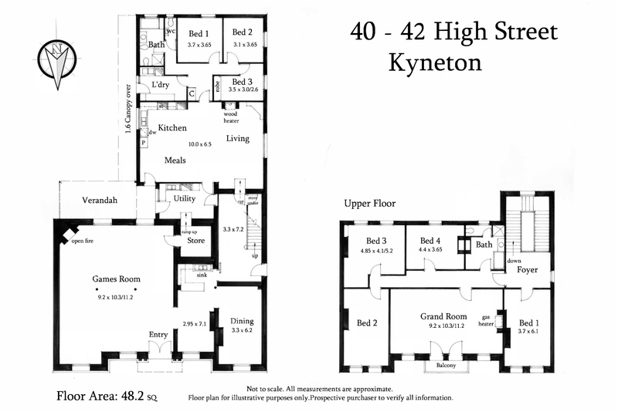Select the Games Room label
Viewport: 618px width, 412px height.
(x=116, y=279)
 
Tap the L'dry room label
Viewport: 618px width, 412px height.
(x=161, y=85)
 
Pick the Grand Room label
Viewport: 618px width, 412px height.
(x=443, y=316)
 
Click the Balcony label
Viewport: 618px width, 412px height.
(x=445, y=365)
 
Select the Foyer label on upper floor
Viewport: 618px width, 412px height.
(x=528, y=270)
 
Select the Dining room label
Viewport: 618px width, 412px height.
(x=241, y=321)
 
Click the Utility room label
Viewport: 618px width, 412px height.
(x=184, y=199)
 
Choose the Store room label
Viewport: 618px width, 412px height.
(x=195, y=240)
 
